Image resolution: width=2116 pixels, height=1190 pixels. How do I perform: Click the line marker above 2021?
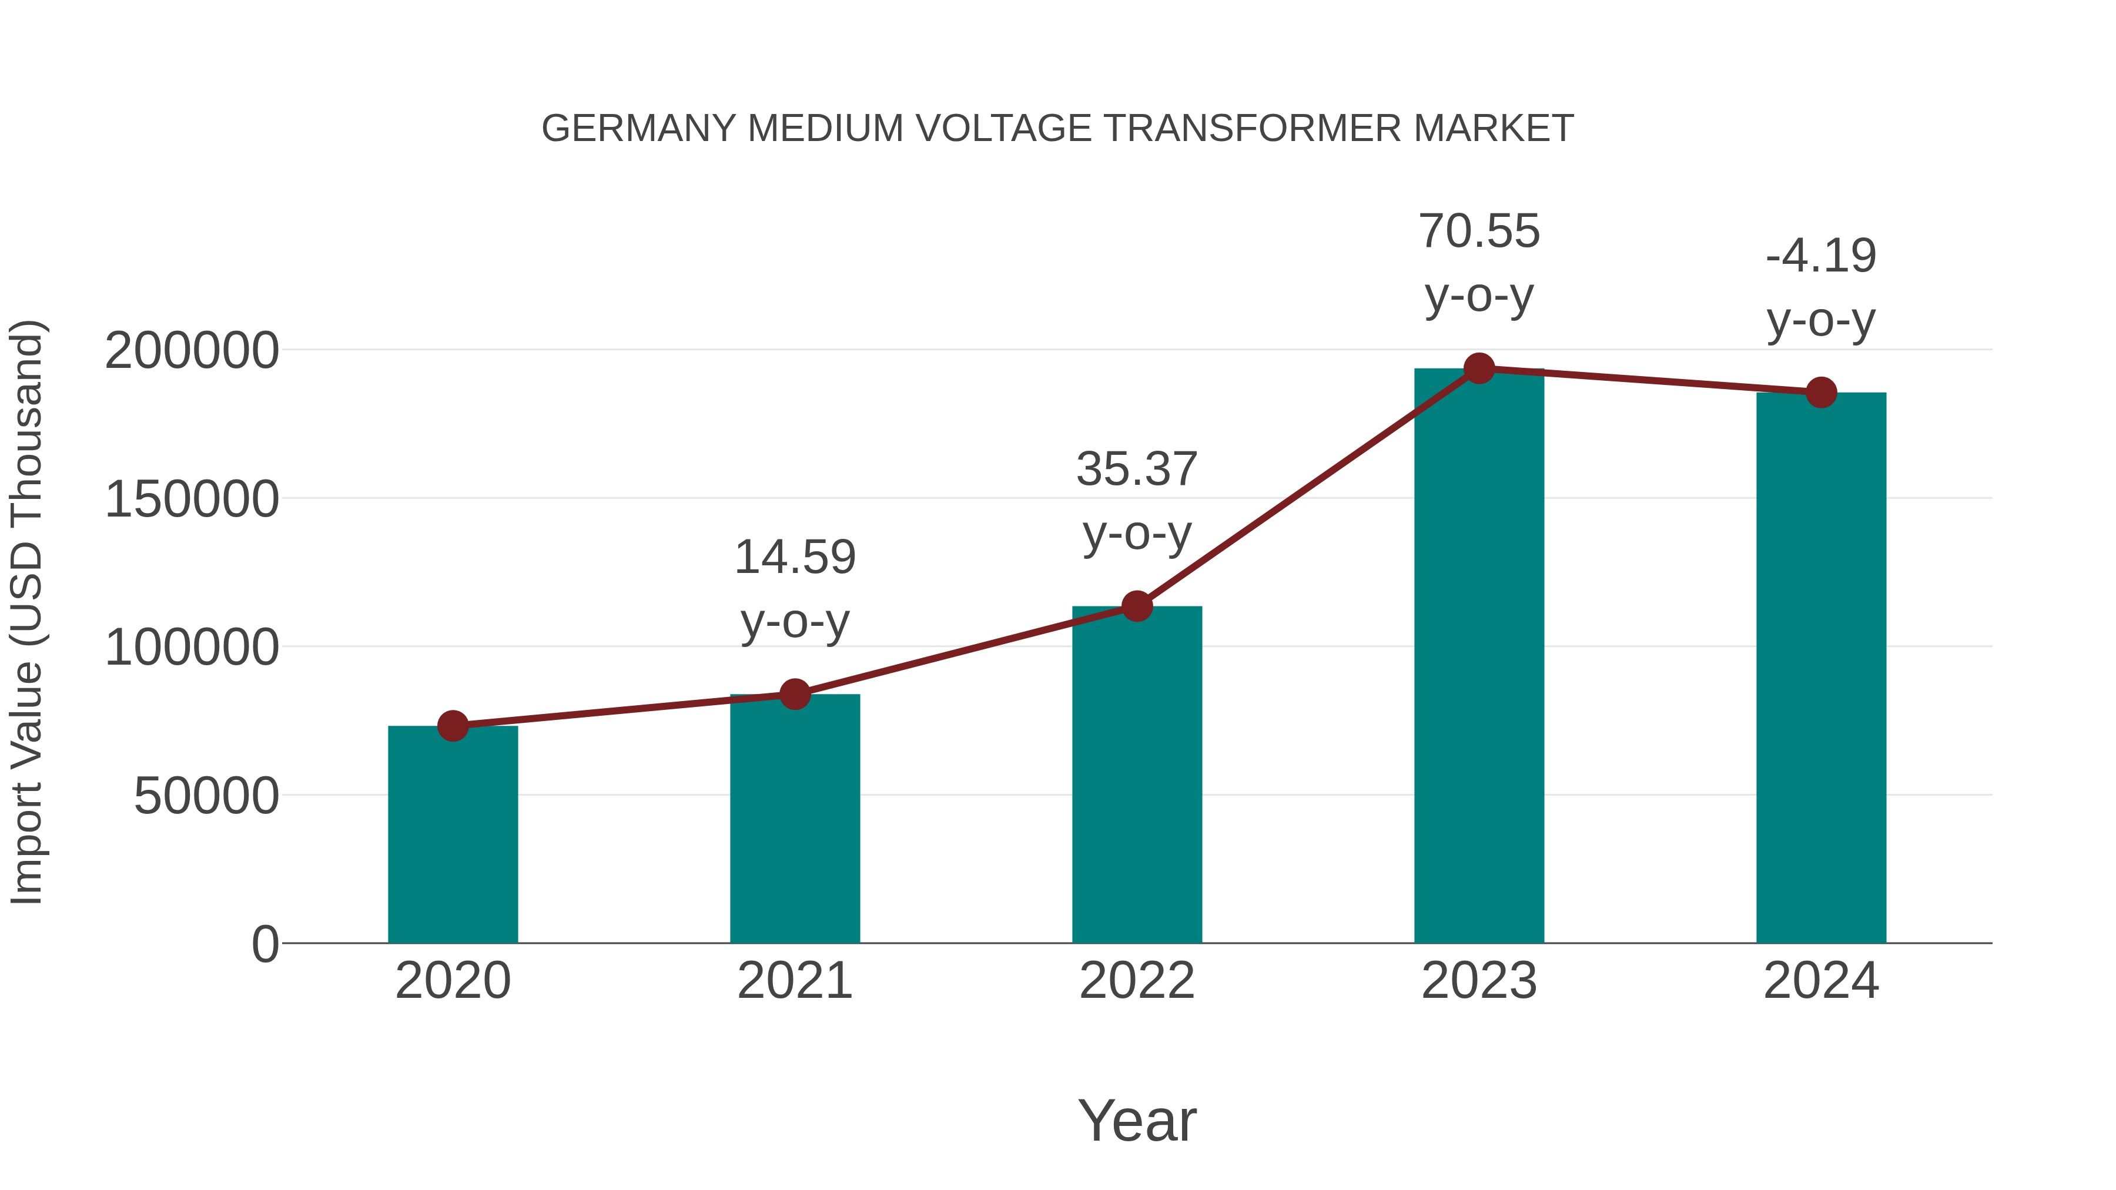pyautogui.click(x=794, y=694)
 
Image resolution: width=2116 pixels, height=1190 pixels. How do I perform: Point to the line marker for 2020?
pyautogui.click(x=453, y=725)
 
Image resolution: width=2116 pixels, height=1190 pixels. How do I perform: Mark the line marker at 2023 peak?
pyautogui.click(x=1479, y=368)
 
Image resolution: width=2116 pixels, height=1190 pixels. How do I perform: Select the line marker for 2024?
pyautogui.click(x=1821, y=393)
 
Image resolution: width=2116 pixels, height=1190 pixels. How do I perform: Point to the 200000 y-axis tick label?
pyautogui.click(x=192, y=351)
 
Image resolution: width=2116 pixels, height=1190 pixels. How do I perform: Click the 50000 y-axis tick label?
pyautogui.click(x=206, y=797)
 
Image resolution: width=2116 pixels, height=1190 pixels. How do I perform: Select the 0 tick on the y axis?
pyautogui.click(x=264, y=944)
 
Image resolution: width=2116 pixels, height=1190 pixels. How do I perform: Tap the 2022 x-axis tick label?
pyautogui.click(x=1137, y=981)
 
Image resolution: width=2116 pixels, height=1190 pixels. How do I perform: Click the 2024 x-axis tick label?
pyautogui.click(x=1821, y=981)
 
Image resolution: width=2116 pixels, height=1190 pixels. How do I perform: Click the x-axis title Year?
pyautogui.click(x=1137, y=1121)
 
